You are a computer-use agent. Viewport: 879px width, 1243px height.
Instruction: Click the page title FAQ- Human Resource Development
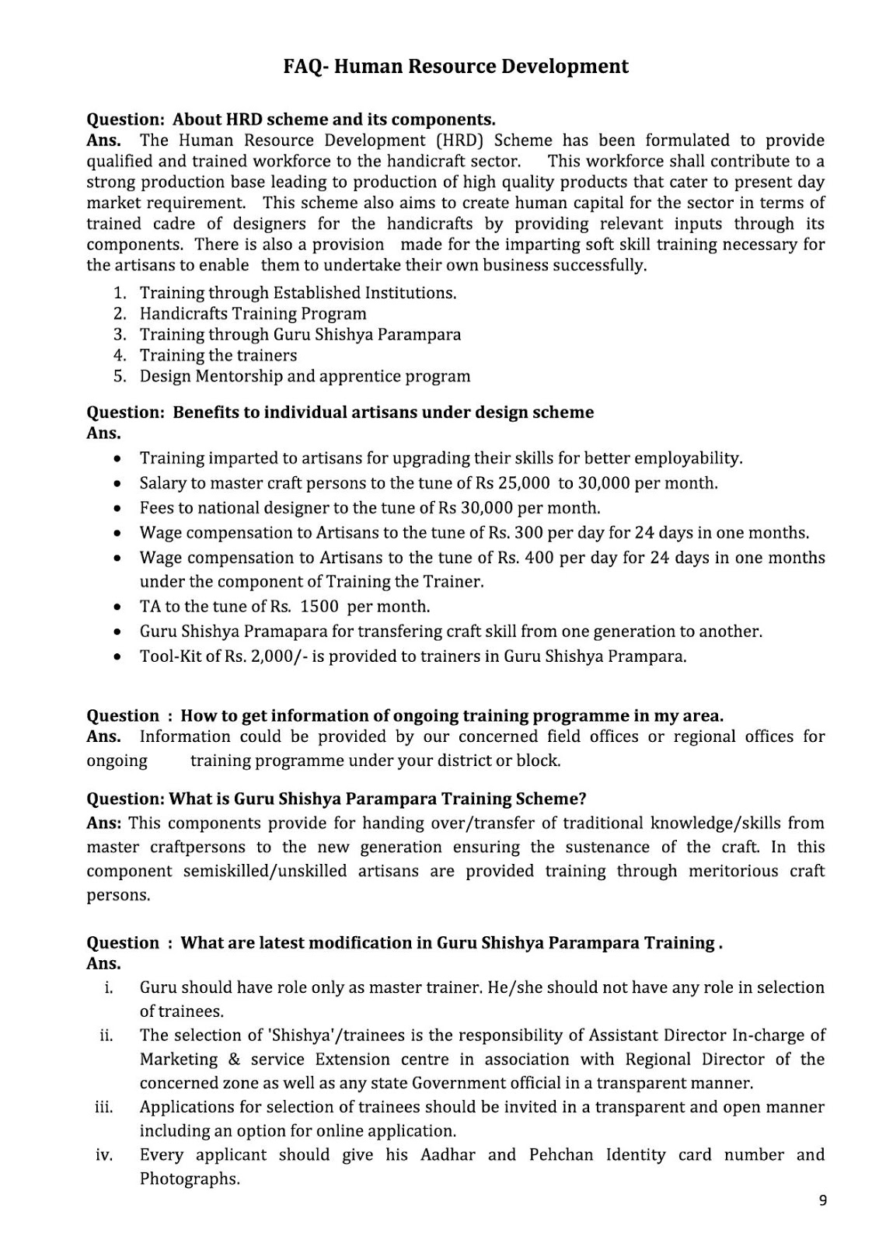455,67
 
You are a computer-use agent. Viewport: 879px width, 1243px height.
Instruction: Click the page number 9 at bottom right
823,1201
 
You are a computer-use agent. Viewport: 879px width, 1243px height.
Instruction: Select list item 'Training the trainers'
218,356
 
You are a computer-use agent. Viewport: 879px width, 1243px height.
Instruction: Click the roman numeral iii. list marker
104,1107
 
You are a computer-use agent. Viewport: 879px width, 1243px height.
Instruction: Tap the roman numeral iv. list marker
104,1155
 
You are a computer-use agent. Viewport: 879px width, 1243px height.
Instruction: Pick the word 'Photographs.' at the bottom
190,1179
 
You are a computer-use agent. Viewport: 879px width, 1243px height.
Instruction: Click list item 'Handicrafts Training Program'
253,314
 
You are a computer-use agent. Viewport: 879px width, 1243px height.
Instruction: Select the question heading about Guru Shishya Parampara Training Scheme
336,799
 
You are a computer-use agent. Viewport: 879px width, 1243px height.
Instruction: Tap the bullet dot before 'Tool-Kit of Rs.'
117,657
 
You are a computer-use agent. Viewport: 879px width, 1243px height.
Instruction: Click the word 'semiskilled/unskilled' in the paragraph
265,871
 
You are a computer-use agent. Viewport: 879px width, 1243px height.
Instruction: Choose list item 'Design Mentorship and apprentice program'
305,377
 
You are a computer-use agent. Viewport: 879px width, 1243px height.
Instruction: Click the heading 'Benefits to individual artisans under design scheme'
382,413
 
